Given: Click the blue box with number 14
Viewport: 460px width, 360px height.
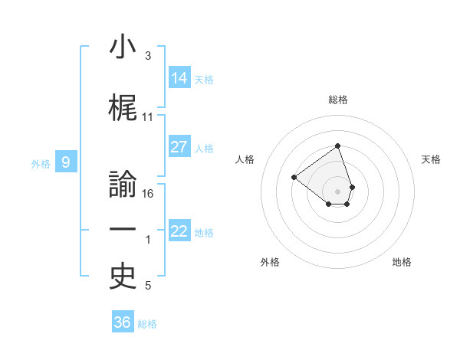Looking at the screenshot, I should pyautogui.click(x=179, y=77).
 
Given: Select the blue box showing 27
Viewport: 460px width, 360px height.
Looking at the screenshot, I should pyautogui.click(x=179, y=147).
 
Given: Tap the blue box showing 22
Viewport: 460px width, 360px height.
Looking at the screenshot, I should pyautogui.click(x=179, y=231).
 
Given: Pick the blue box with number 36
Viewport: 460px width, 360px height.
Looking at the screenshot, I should pyautogui.click(x=123, y=322).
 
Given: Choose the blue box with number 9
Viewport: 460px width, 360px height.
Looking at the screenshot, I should pyautogui.click(x=67, y=162).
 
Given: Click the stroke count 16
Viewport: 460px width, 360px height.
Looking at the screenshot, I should pyautogui.click(x=148, y=193).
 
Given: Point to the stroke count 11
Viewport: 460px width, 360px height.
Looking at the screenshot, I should pyautogui.click(x=148, y=117).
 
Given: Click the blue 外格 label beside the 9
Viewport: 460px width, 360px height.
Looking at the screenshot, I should pyautogui.click(x=41, y=162).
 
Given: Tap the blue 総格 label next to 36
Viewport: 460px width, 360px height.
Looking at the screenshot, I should pyautogui.click(x=147, y=323).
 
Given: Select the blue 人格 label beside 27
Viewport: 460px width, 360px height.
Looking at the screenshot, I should pyautogui.click(x=204, y=148).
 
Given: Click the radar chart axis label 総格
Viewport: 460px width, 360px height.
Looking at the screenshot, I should pyautogui.click(x=338, y=100).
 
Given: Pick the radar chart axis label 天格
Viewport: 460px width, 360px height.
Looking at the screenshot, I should pyautogui.click(x=432, y=159).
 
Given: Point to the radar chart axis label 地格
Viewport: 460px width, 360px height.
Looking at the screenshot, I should pyautogui.click(x=402, y=262).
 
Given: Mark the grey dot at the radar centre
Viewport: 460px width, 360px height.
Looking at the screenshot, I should pyautogui.click(x=337, y=190).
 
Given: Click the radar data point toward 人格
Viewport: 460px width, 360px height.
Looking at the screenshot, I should pyautogui.click(x=294, y=178).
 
